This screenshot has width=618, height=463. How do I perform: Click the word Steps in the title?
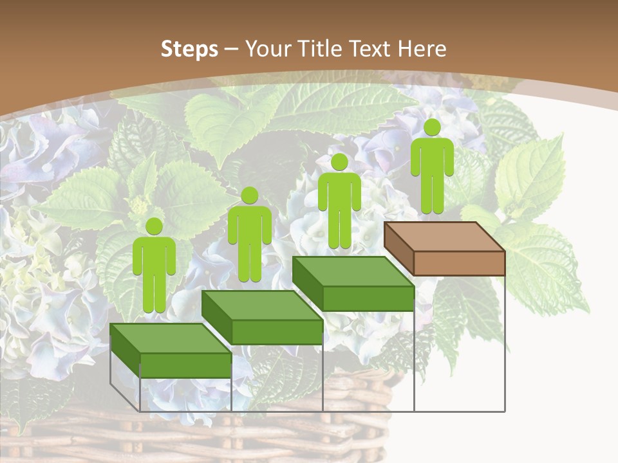(189, 49)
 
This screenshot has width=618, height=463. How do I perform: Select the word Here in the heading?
(422, 49)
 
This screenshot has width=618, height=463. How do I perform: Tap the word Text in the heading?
(371, 49)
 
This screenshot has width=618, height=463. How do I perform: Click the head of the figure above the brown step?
(432, 127)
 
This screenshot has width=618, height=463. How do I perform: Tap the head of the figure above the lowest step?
(154, 226)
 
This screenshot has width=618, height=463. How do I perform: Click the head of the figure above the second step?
(249, 195)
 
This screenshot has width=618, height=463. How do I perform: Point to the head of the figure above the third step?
(339, 162)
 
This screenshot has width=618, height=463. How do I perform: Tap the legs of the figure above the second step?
(249, 264)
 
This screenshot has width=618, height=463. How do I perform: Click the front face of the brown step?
(459, 263)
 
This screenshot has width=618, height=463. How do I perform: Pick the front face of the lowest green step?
(185, 365)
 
